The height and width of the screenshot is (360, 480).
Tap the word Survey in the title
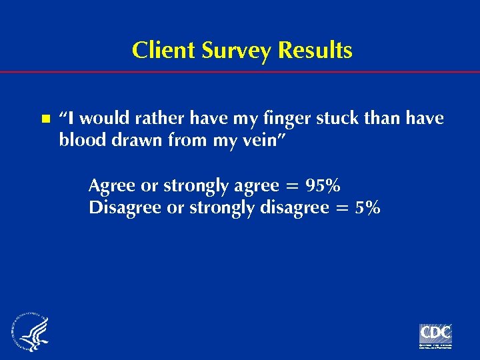(x=230, y=51)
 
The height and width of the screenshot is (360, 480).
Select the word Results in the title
(x=314, y=51)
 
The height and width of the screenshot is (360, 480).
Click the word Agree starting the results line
(x=111, y=186)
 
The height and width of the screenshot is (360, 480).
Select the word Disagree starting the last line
(x=125, y=209)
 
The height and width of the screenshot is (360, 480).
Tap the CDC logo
(x=435, y=335)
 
